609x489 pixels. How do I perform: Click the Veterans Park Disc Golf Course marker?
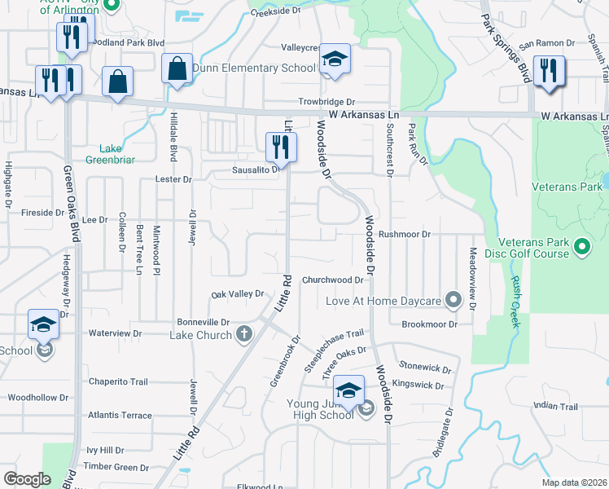click(x=582, y=245)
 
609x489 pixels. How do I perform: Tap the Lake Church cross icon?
click(x=244, y=333)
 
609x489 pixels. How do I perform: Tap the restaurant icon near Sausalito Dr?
click(x=278, y=146)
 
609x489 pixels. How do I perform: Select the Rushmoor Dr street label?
click(x=404, y=234)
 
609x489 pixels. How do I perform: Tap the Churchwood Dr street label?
click(x=332, y=280)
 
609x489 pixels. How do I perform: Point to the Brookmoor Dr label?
click(x=430, y=324)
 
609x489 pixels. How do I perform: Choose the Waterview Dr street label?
click(x=115, y=333)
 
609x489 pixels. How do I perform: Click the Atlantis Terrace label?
click(x=120, y=415)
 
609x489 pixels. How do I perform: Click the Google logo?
click(x=27, y=478)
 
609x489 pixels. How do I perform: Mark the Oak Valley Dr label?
click(x=239, y=293)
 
